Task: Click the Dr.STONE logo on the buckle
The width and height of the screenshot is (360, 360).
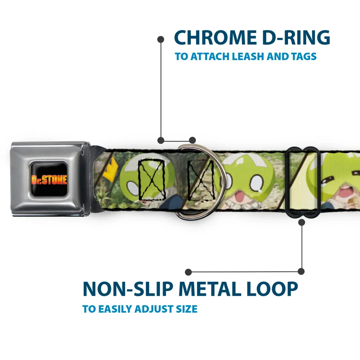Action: tap(49, 179)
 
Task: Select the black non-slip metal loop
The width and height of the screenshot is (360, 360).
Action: tap(302, 182)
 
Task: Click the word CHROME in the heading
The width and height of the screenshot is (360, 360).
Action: tap(215, 37)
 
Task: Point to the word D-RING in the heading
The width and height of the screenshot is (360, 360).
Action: tap(296, 37)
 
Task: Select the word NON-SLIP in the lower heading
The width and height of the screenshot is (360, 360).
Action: tap(128, 289)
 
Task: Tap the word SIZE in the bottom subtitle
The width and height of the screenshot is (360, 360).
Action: tap(187, 309)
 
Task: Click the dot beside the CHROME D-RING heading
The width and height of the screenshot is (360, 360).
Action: tap(161, 40)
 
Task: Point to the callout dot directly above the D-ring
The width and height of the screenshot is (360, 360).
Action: tap(192, 140)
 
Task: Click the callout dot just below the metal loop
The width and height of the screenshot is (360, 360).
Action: tap(301, 222)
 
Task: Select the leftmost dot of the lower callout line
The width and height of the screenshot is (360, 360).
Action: tap(188, 272)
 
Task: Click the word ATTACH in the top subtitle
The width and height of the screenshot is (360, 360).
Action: tap(210, 56)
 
